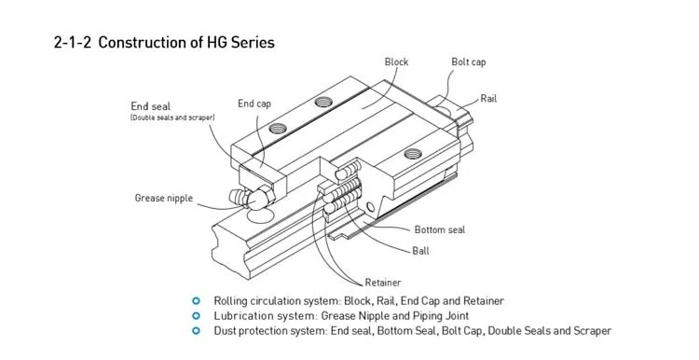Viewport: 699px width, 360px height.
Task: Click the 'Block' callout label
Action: coord(396,62)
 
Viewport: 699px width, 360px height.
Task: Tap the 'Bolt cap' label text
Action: coord(469,62)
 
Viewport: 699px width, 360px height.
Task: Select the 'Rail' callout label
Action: coord(488,99)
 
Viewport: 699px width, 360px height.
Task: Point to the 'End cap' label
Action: coord(254,104)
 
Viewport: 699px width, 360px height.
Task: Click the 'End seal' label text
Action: coord(151,106)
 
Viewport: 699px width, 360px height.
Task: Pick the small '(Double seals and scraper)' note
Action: coord(172,118)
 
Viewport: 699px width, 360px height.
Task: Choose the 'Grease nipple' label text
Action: coord(164,198)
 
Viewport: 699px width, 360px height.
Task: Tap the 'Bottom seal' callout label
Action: coord(440,229)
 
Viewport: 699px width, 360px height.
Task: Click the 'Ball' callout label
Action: coord(421,251)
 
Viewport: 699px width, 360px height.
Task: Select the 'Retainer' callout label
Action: coord(383,283)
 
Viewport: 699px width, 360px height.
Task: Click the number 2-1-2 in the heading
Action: coord(72,42)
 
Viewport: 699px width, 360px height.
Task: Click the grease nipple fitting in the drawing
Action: coord(252,198)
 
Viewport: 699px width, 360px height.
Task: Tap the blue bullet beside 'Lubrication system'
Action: coord(196,316)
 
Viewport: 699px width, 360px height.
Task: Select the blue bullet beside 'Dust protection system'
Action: coord(196,331)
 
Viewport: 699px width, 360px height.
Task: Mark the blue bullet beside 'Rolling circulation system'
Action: coord(196,301)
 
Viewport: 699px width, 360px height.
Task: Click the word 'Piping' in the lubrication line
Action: coord(427,316)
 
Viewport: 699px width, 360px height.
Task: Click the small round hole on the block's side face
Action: coord(370,207)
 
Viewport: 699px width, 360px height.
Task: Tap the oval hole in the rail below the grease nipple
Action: coord(259,216)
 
